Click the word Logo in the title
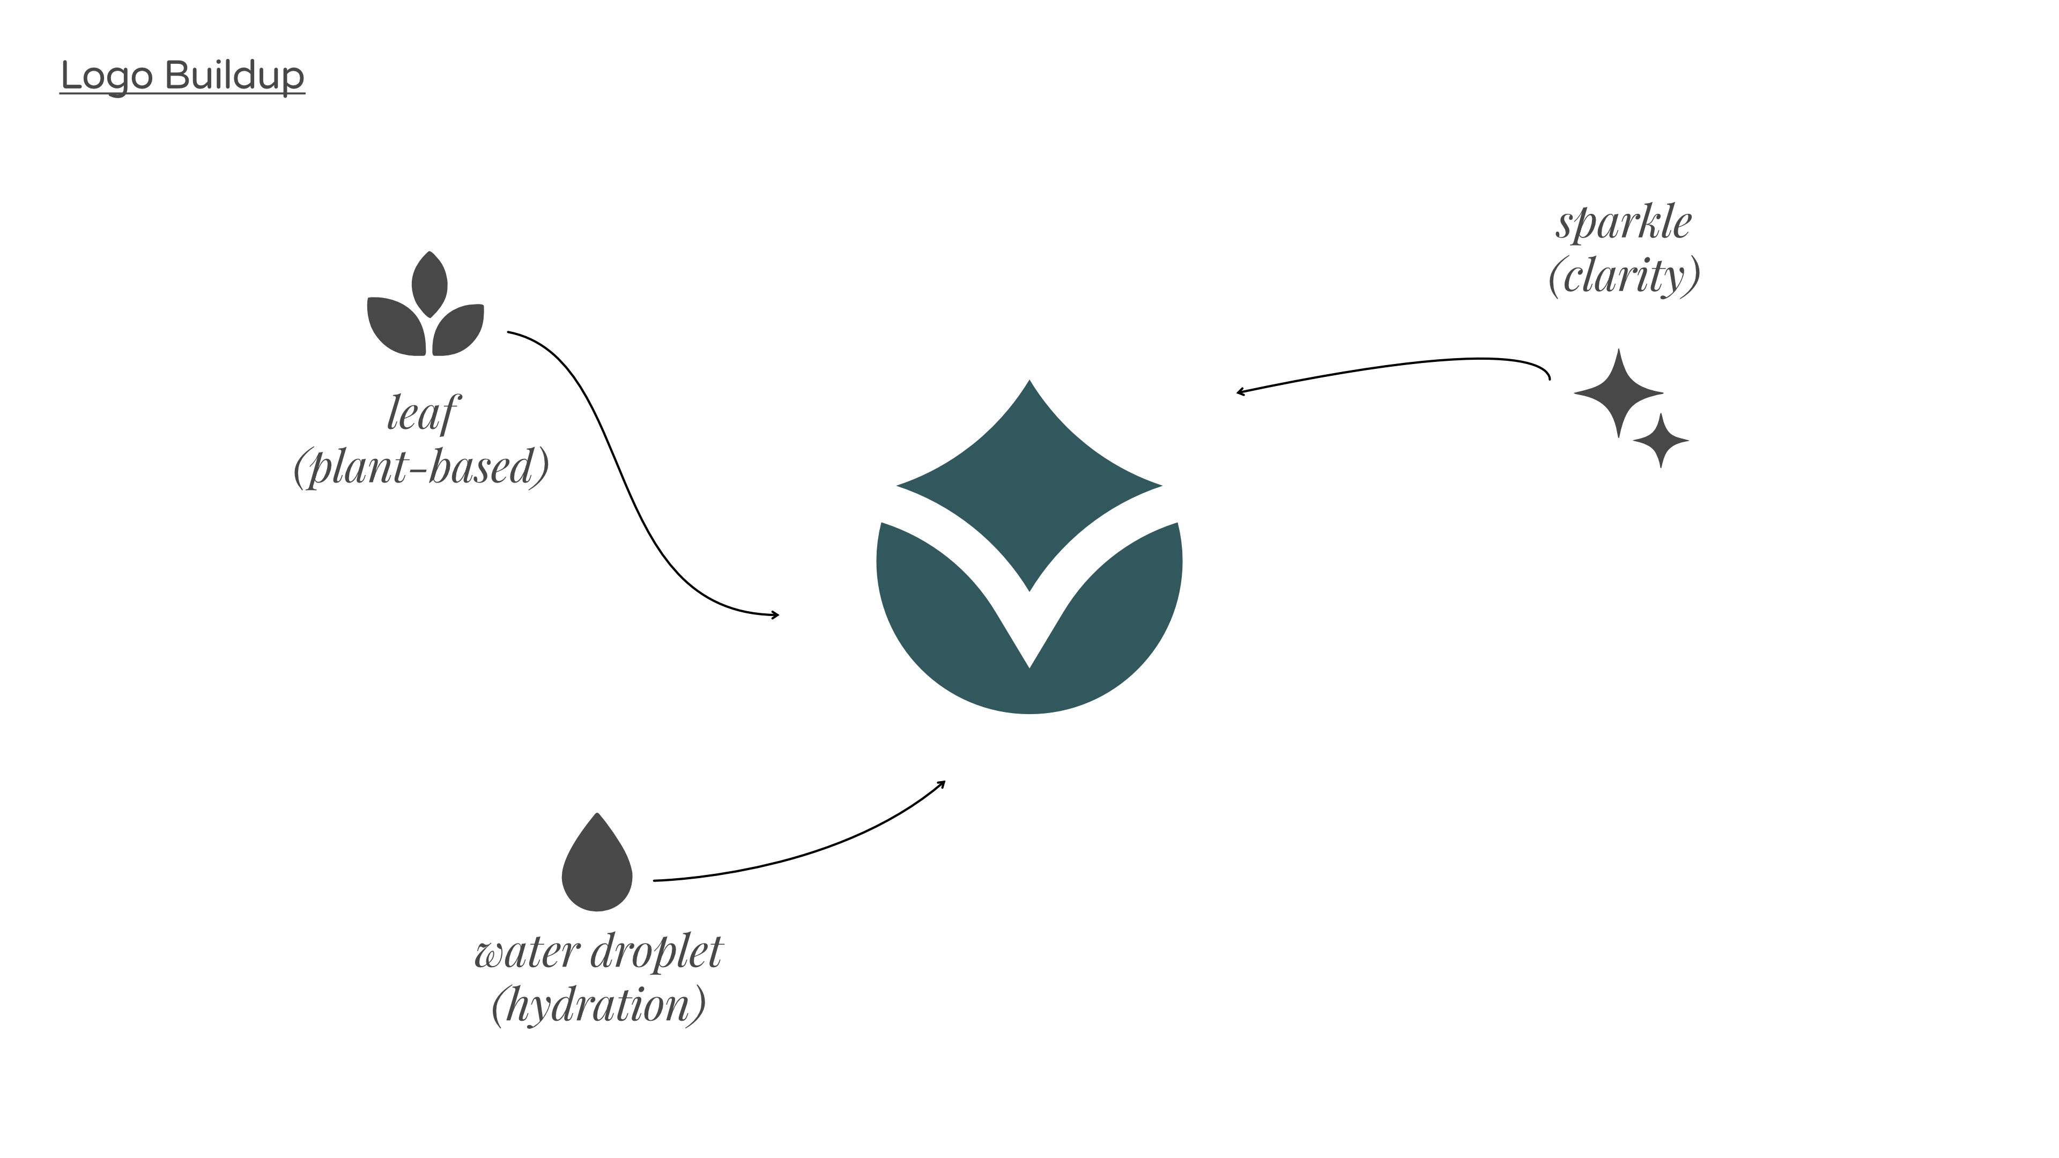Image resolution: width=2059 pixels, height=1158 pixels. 106,76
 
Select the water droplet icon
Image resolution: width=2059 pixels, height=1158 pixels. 597,867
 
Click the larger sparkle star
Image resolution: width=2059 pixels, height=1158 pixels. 1618,392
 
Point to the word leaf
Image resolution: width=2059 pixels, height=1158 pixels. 422,413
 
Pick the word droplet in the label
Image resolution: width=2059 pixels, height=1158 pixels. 657,952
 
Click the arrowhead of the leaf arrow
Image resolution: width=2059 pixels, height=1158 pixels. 776,614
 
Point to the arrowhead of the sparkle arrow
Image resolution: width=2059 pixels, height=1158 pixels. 1239,391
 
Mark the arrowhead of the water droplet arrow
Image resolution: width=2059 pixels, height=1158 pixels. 943,783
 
